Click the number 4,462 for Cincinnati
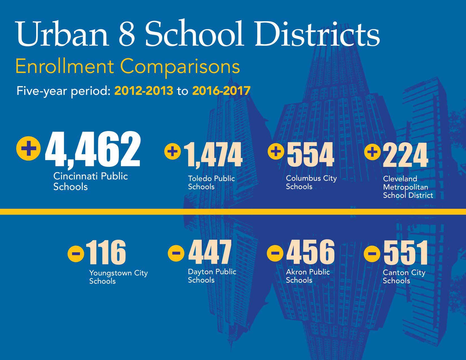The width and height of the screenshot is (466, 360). (x=93, y=149)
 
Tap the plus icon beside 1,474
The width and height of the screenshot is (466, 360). (x=173, y=151)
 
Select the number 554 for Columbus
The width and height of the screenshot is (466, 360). (x=310, y=154)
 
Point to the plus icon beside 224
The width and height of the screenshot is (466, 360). (x=373, y=152)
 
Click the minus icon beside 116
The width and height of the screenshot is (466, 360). (x=76, y=254)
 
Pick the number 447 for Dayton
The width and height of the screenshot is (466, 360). (x=210, y=252)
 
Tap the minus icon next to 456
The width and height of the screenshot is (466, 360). (x=275, y=253)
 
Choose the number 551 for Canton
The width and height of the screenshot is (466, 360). (x=406, y=253)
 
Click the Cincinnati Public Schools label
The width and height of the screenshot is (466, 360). (x=90, y=181)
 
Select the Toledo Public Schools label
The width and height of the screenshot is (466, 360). (x=212, y=182)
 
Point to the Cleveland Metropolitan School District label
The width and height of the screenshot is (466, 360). (x=408, y=187)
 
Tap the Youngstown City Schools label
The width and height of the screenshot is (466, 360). (x=118, y=277)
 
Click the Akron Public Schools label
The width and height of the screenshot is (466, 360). (x=308, y=276)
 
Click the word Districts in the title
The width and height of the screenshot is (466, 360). (x=317, y=33)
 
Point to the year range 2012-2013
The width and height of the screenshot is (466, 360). (x=144, y=90)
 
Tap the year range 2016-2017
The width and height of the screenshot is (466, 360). (x=221, y=90)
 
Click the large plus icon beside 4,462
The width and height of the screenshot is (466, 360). (x=29, y=148)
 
